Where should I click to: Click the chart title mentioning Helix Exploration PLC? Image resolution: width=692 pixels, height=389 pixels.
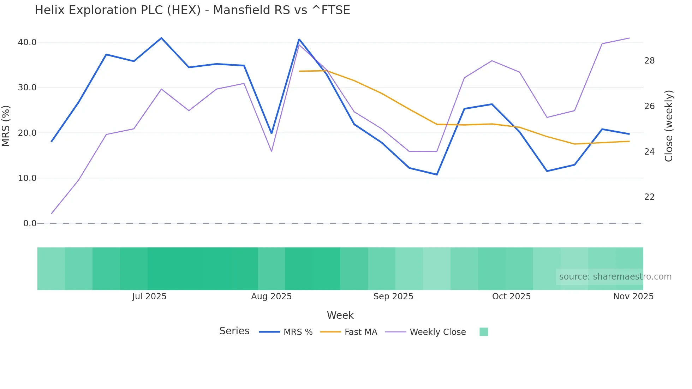click(192, 10)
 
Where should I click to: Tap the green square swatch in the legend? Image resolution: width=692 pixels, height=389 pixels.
click(484, 332)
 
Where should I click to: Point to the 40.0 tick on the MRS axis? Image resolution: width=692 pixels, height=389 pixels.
click(27, 42)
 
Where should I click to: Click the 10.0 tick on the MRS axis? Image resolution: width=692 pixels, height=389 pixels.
click(27, 178)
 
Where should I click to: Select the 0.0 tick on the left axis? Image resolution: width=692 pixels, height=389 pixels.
click(30, 223)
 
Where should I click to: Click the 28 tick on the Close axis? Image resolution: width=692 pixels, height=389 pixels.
click(649, 61)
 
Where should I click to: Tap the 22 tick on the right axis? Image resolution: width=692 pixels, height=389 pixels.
click(649, 197)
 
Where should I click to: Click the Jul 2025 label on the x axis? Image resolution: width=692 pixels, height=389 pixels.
click(149, 297)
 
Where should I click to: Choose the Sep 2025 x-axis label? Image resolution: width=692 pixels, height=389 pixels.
click(393, 297)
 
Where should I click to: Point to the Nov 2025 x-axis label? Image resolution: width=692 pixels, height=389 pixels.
click(633, 297)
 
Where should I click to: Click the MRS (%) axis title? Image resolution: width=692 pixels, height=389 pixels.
click(6, 126)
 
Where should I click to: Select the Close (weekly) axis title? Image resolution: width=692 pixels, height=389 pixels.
click(669, 126)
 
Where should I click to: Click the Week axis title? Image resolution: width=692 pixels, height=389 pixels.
click(340, 315)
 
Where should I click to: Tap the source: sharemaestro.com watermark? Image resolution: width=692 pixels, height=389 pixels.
click(615, 277)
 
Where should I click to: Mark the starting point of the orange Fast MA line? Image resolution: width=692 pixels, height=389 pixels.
click(299, 71)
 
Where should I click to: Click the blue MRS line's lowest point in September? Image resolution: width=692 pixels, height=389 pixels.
click(437, 175)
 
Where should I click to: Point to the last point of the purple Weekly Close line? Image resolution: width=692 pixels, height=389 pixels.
click(630, 38)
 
